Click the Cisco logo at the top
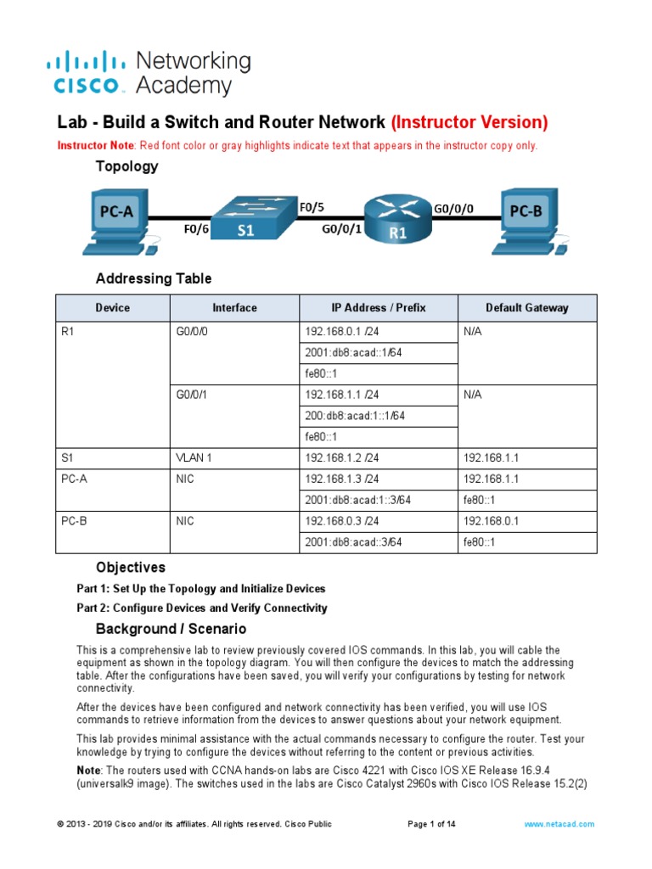click(89, 72)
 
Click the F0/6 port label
click(196, 228)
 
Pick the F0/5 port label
click(312, 205)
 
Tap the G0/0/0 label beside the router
click(454, 208)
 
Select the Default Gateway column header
click(526, 308)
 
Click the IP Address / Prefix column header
click(379, 308)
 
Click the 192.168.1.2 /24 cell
click(342, 457)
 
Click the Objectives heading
click(131, 567)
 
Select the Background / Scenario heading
click(171, 629)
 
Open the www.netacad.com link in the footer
click(559, 824)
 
